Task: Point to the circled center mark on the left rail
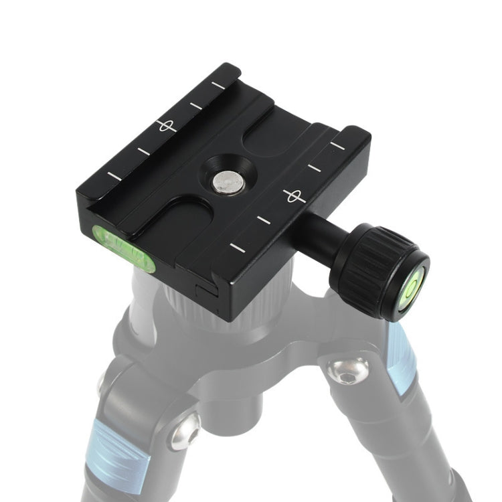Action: pos(165,125)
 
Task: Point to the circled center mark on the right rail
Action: pos(294,196)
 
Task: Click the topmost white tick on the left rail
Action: pos(218,85)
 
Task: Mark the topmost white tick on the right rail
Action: pos(337,145)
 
